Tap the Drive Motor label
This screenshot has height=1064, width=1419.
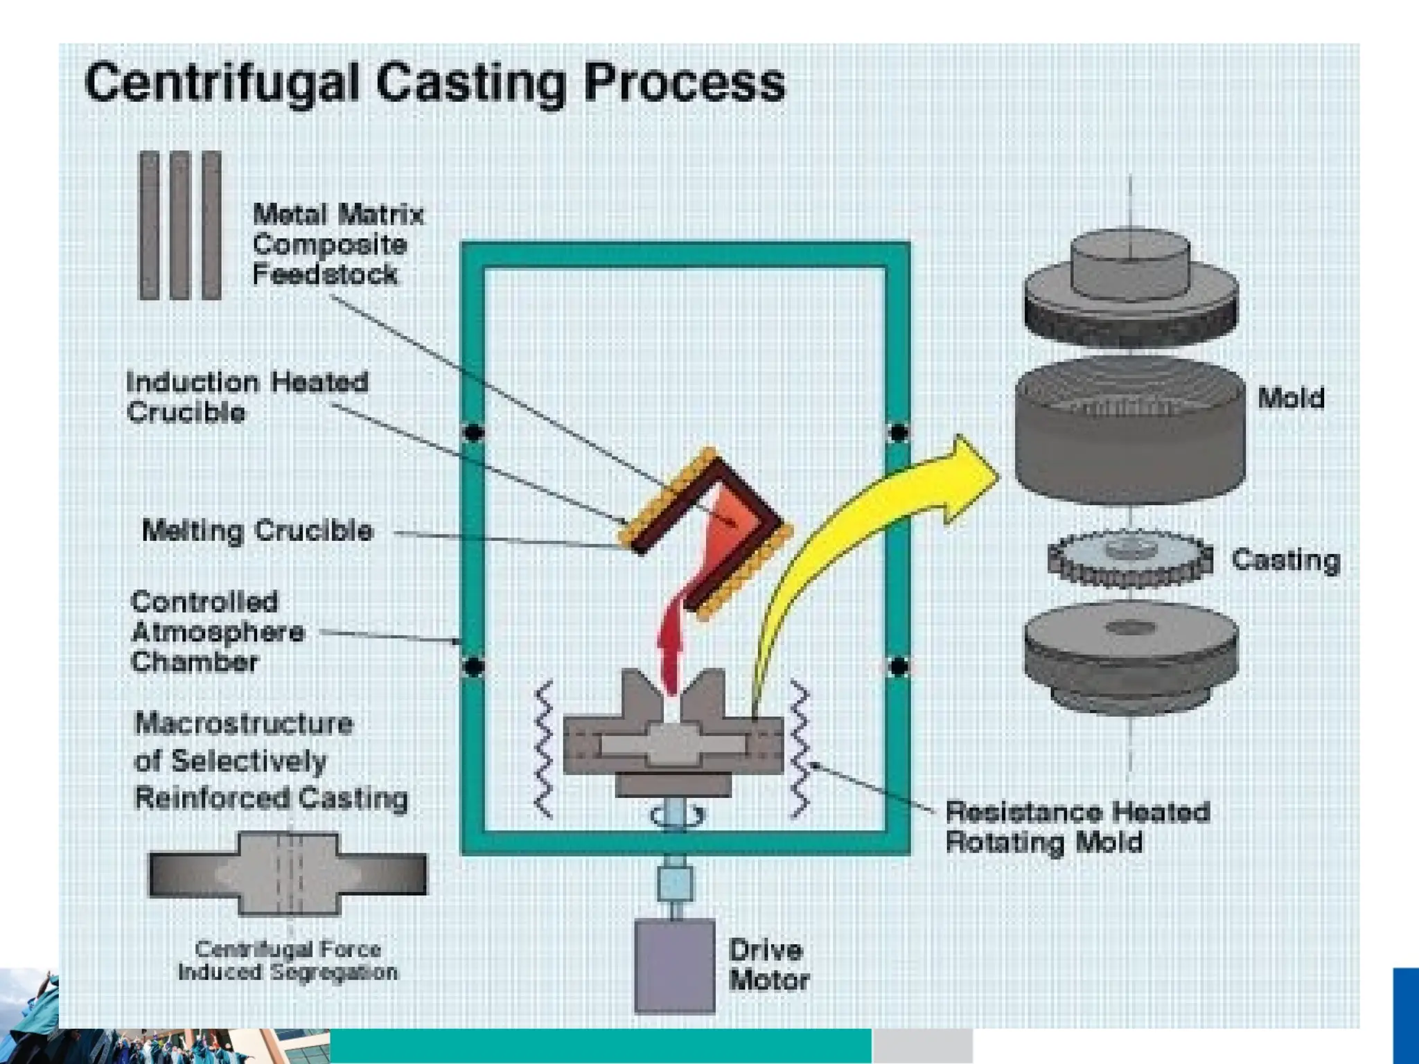click(x=768, y=964)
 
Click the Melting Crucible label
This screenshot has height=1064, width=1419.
click(x=257, y=531)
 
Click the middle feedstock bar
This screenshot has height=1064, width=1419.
click(x=179, y=225)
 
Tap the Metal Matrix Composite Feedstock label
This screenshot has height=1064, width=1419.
click(x=337, y=244)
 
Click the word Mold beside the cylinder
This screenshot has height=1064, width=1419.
click(x=1290, y=398)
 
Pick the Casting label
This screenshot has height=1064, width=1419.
click(x=1285, y=560)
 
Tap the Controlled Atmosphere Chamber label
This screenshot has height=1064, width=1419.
click(x=216, y=632)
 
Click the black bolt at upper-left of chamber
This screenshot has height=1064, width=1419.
click(x=473, y=433)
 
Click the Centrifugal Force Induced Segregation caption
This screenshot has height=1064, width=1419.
click(x=288, y=960)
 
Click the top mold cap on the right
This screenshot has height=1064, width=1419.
click(x=1131, y=291)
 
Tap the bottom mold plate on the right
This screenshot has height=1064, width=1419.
click(x=1131, y=655)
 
